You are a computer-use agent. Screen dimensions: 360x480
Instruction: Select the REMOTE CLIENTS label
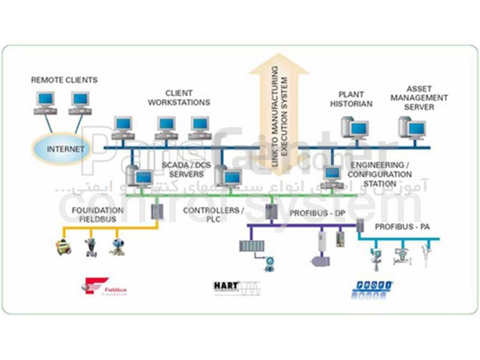pos(64,80)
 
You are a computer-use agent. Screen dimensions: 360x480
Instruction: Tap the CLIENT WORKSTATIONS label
pos(187,98)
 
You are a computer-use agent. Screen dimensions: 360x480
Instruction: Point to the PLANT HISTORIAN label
pos(355,99)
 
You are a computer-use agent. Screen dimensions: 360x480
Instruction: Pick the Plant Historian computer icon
pos(355,128)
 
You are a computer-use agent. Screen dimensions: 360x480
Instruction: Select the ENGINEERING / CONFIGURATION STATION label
pos(382,174)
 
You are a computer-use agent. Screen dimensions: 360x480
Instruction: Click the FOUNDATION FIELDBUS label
pos(98,215)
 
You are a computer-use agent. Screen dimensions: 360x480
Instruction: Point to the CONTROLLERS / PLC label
pos(213,215)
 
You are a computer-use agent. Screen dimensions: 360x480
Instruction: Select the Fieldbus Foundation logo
pos(106,287)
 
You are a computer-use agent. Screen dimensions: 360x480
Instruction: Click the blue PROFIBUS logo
pos(371,288)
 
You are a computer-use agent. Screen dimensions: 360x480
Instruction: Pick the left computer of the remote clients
pos(44,103)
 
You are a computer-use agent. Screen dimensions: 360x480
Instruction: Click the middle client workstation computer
pos(166,127)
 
